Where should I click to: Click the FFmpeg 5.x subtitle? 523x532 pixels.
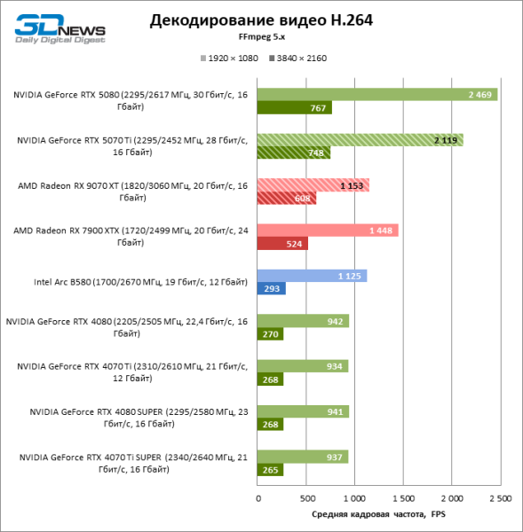tap(261, 37)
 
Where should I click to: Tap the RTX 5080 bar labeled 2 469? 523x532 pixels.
tap(377, 94)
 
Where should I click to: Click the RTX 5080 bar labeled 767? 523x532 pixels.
tap(295, 108)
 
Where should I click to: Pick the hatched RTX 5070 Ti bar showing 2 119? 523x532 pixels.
tap(361, 139)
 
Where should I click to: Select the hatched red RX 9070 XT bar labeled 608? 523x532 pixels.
tap(287, 199)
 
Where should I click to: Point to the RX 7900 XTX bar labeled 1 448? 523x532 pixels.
tap(328, 230)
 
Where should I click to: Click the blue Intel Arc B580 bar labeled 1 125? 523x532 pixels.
tap(312, 275)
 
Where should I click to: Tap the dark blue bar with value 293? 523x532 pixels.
tap(272, 289)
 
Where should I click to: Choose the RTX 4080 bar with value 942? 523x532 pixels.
tap(303, 320)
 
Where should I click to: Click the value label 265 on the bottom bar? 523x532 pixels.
tap(271, 470)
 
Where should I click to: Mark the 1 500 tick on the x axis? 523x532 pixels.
tap(403, 498)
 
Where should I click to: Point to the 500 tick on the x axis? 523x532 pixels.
tap(306, 498)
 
